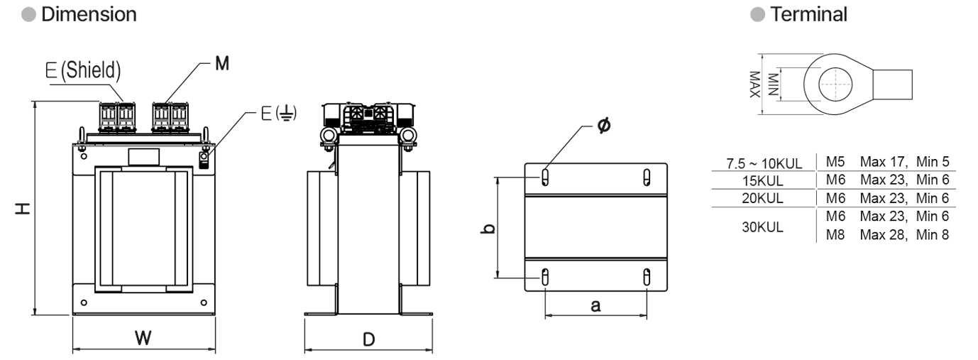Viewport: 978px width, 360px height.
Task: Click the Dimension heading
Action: pos(89,14)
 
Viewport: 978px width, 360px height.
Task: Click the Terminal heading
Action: pos(808,14)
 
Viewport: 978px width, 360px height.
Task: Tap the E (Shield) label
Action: pos(83,70)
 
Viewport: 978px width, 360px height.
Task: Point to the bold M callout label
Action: pos(222,64)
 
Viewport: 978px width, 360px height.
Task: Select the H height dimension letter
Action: pos(23,208)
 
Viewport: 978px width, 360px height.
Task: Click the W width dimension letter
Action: pos(143,338)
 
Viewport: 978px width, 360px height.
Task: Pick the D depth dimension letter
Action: pos(369,339)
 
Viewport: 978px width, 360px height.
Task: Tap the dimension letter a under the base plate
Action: pos(595,306)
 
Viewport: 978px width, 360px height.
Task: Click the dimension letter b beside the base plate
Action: pos(488,229)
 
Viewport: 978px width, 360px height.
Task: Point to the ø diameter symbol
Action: pos(604,126)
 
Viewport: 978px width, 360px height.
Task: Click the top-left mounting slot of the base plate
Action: pos(545,178)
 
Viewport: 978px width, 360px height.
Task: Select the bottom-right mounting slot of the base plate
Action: pos(647,277)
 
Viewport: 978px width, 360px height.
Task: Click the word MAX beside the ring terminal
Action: pos(754,84)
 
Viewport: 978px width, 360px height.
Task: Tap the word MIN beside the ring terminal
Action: pos(773,84)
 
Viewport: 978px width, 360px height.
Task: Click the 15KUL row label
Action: pos(763,181)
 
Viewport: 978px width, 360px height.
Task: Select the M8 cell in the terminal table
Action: pos(835,235)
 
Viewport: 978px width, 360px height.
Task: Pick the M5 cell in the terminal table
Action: pos(835,162)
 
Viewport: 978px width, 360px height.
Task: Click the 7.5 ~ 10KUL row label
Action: pos(764,164)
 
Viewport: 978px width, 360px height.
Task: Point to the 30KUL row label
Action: pos(762,227)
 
